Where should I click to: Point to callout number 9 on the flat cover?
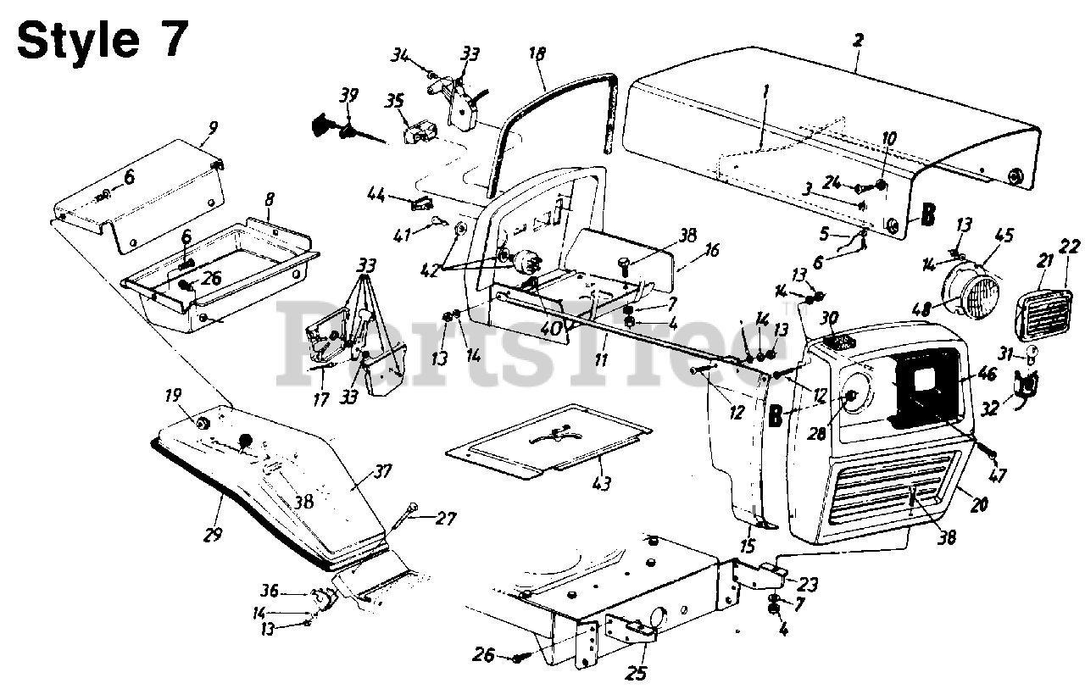tap(212, 128)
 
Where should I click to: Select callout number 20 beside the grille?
tap(979, 505)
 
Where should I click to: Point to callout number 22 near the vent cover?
tap(1069, 246)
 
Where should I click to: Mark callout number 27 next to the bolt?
tap(444, 517)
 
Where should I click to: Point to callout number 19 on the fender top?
tap(172, 395)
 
